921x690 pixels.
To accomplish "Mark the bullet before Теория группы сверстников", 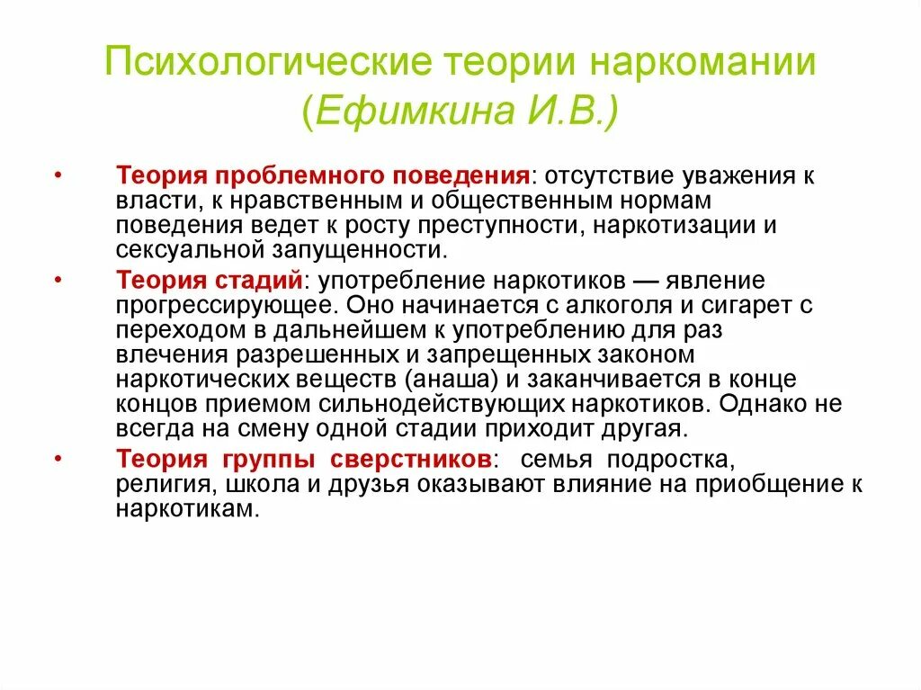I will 58,459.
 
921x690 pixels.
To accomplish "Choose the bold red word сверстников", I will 410,460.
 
